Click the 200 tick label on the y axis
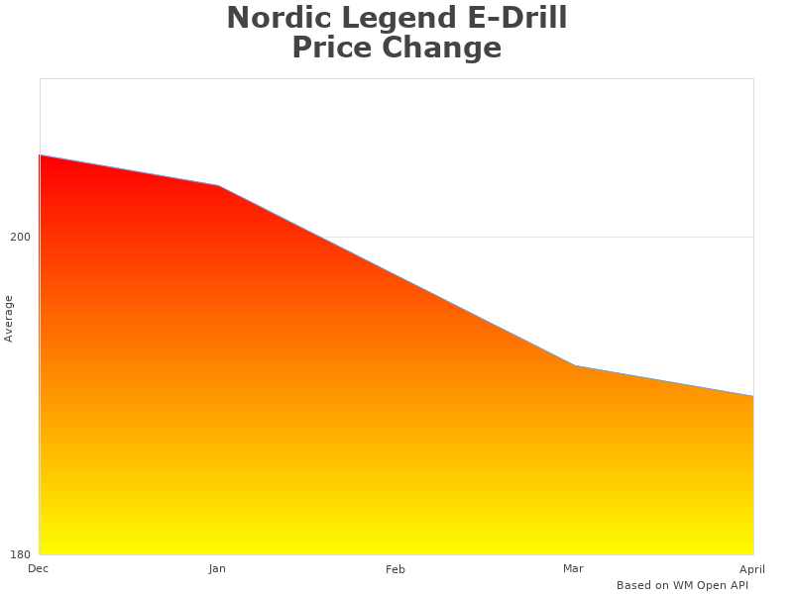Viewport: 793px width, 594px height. [20, 238]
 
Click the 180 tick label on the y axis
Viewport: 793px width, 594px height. [20, 554]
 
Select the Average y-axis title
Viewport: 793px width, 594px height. [9, 319]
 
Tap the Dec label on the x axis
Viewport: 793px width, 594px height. [38, 568]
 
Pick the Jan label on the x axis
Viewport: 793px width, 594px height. [217, 569]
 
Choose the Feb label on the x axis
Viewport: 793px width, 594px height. [396, 569]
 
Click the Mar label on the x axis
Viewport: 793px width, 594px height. [573, 568]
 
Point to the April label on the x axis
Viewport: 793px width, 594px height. [752, 569]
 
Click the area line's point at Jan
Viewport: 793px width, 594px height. [218, 185]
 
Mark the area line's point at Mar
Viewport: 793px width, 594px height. [575, 366]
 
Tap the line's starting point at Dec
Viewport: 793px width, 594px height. [40, 155]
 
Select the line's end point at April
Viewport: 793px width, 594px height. [753, 396]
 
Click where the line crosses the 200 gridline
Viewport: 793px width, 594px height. [320, 238]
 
